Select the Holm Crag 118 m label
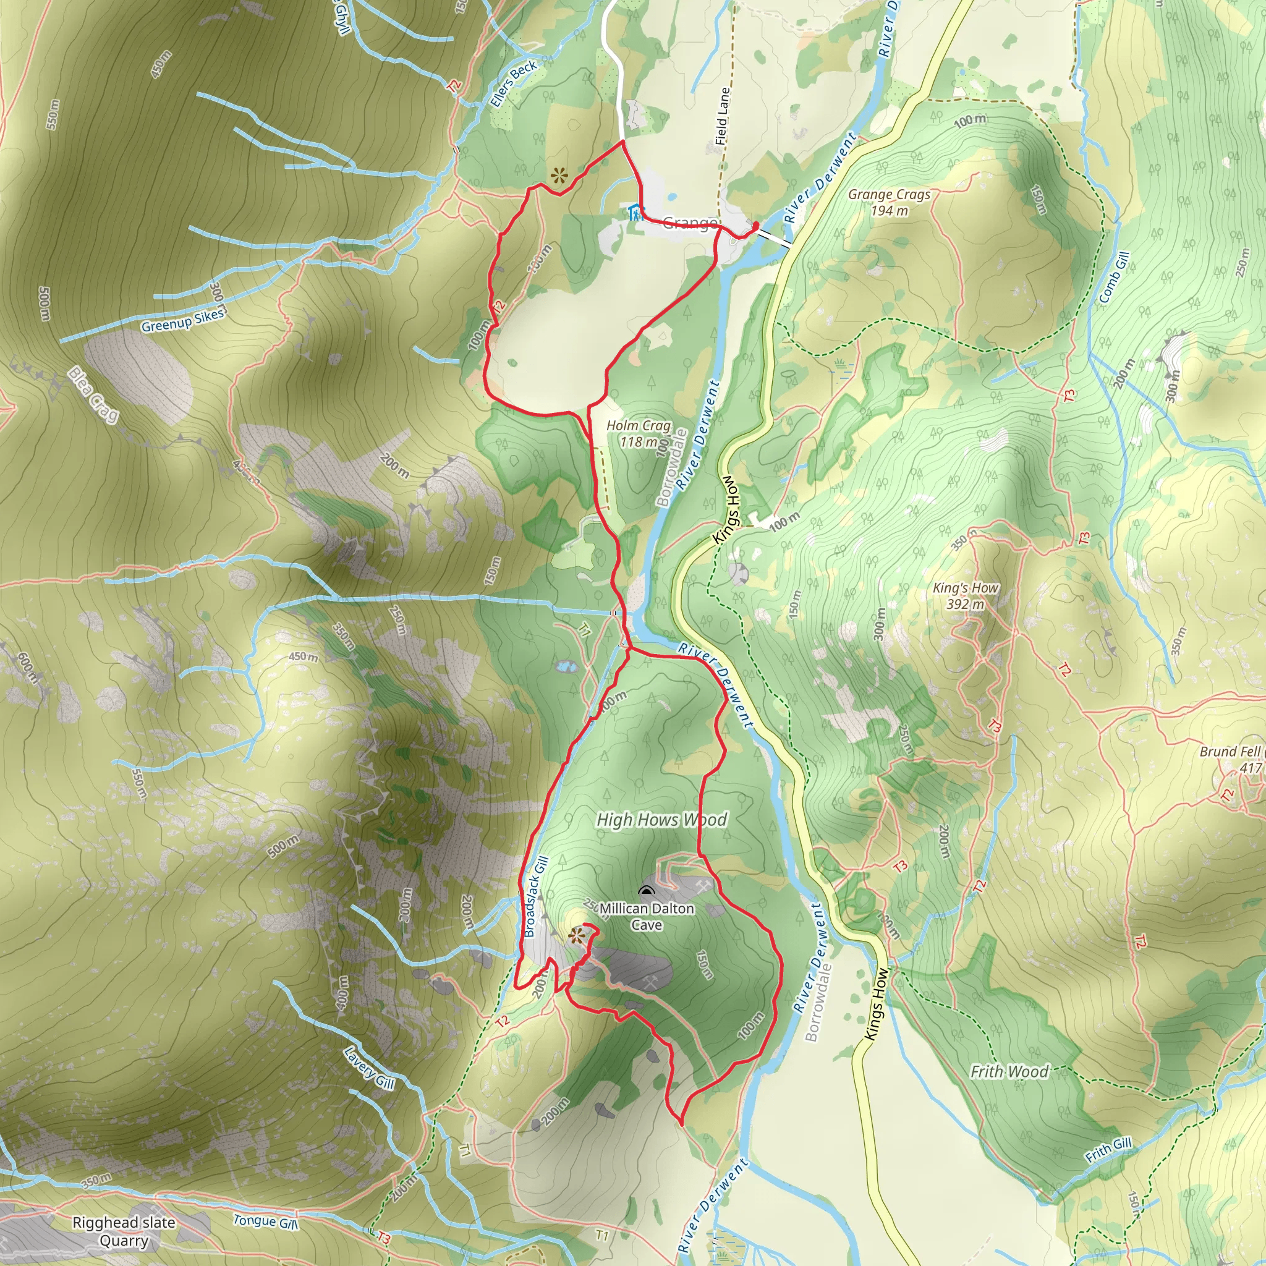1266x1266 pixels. point(638,433)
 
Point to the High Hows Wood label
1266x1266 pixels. point(662,820)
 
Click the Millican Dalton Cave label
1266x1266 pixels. point(647,917)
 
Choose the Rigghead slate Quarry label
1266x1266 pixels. point(124,1232)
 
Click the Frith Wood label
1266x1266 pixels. point(1009,1071)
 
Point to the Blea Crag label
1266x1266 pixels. point(93,395)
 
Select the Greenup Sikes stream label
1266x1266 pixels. point(183,320)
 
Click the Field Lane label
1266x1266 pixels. point(722,116)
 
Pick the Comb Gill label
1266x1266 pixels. point(1114,277)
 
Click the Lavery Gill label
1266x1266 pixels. point(369,1068)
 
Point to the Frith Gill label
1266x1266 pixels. point(1108,1150)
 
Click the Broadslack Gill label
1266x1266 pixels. point(535,896)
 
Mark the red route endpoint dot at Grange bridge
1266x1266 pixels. point(755,226)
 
